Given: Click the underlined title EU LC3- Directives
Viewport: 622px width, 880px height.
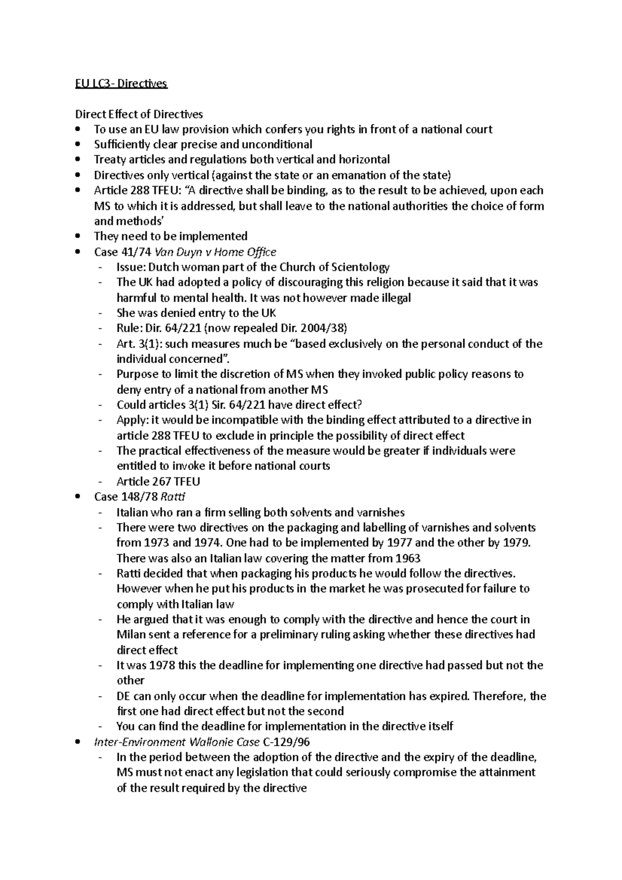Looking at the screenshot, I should [x=121, y=83].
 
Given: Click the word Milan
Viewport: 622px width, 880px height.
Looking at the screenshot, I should [x=131, y=635].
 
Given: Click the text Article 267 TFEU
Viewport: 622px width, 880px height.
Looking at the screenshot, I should [x=158, y=481].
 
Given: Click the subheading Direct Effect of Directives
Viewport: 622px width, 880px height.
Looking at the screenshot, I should [x=139, y=114].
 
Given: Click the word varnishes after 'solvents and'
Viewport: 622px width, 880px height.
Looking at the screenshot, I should [x=380, y=513].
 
